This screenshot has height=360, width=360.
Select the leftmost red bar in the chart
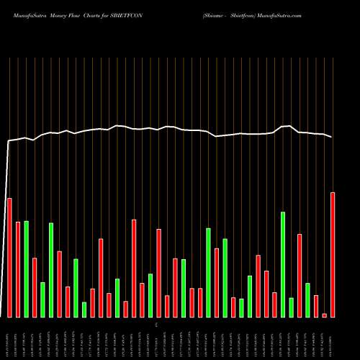9,257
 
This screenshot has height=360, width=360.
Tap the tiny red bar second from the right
324,315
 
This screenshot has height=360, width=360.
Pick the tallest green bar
283,264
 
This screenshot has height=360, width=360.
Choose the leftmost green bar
26,269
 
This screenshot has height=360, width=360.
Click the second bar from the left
18,269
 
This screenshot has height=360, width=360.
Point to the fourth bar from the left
35,287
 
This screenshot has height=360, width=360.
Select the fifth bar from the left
42,300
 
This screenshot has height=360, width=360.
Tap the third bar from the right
316,306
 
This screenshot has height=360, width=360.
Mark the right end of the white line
333,137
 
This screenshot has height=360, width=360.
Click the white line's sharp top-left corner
9,141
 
